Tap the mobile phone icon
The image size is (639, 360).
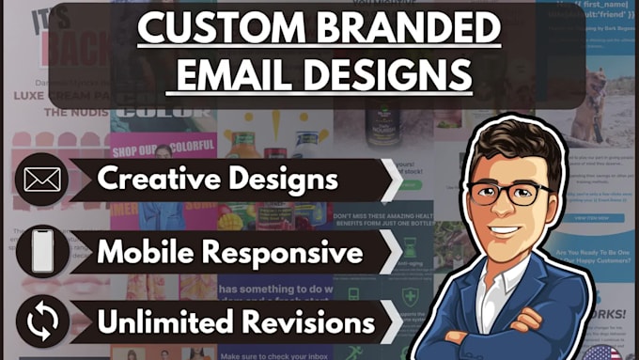[42, 251]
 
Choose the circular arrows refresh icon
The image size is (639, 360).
[42, 321]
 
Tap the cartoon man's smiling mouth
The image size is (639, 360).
[507, 230]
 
